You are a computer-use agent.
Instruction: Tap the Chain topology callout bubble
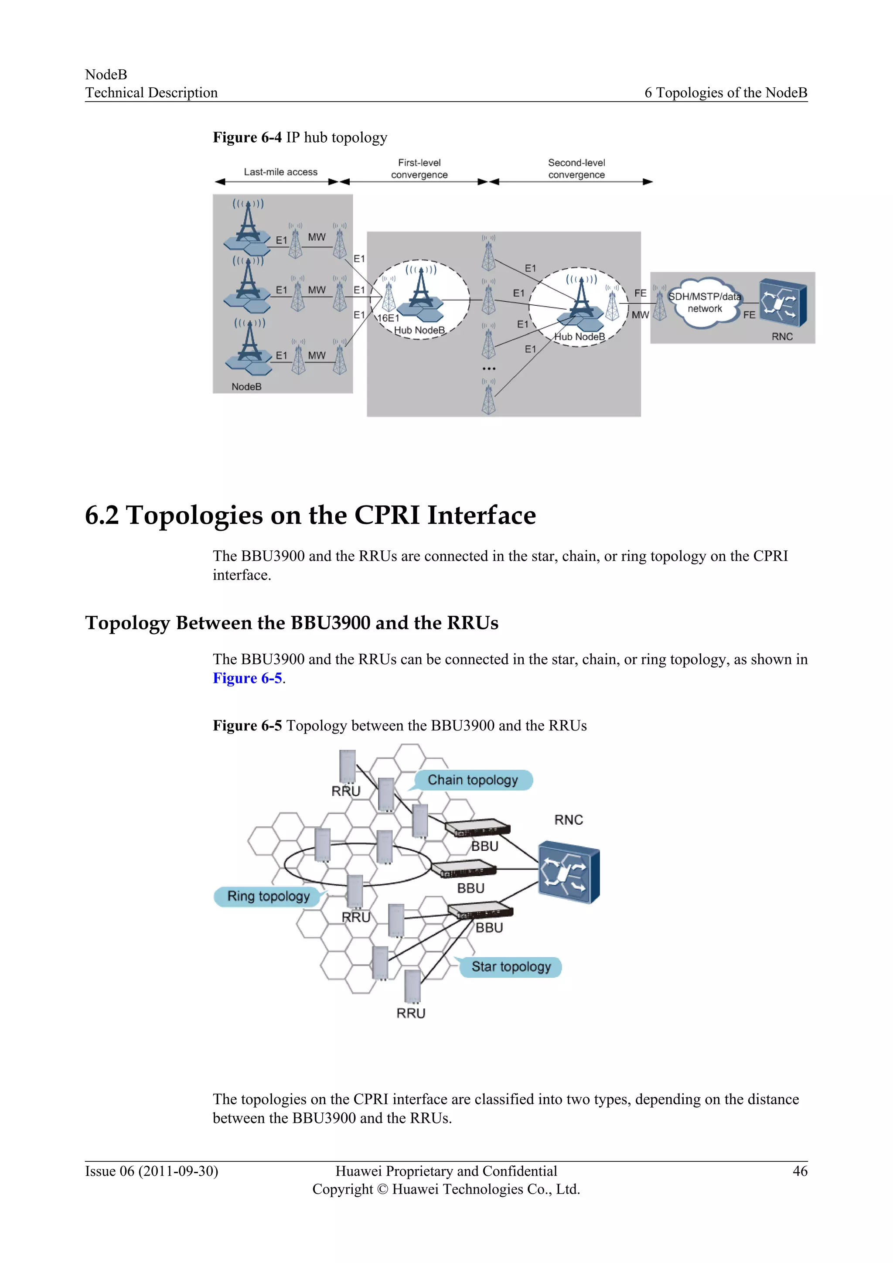pyautogui.click(x=473, y=780)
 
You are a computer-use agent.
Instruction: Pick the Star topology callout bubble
pyautogui.click(x=511, y=966)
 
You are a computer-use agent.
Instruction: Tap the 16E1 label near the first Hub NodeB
pyautogui.click(x=388, y=318)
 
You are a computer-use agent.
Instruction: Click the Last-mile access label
pyautogui.click(x=280, y=172)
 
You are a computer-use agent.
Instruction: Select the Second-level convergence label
pyautogui.click(x=576, y=169)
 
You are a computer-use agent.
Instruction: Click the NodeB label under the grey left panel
pyautogui.click(x=246, y=387)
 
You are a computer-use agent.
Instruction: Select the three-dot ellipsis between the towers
pyautogui.click(x=489, y=369)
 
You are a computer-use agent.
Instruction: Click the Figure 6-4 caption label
pyautogui.click(x=247, y=137)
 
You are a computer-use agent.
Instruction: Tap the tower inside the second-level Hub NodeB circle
pyautogui.click(x=581, y=300)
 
